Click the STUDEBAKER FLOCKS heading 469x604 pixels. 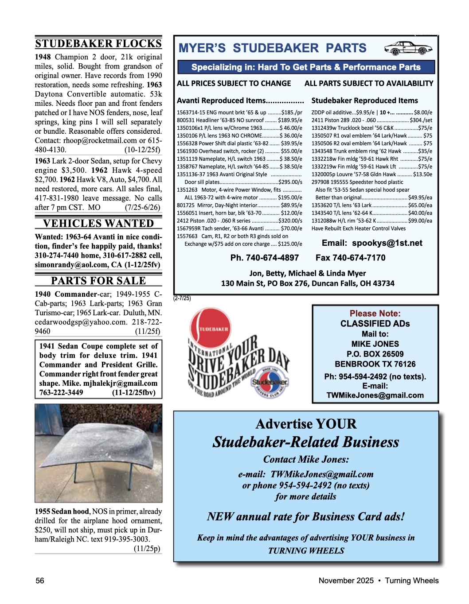point(98,43)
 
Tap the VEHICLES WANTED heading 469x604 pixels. point(98,223)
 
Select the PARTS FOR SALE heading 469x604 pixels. point(98,281)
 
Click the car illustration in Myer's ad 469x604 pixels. point(408,48)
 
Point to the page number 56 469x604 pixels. point(40,581)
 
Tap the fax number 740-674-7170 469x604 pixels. point(350,258)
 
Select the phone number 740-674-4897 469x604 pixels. point(265,258)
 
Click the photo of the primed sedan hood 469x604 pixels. point(98,453)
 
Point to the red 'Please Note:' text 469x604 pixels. point(375,314)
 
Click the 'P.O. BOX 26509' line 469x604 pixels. point(375,354)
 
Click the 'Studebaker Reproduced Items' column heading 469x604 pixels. point(364,101)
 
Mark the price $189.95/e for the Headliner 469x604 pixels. point(290,120)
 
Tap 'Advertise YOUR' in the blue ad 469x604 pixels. point(306,424)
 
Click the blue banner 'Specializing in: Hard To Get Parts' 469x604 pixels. point(306,67)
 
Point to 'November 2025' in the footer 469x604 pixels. point(346,581)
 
